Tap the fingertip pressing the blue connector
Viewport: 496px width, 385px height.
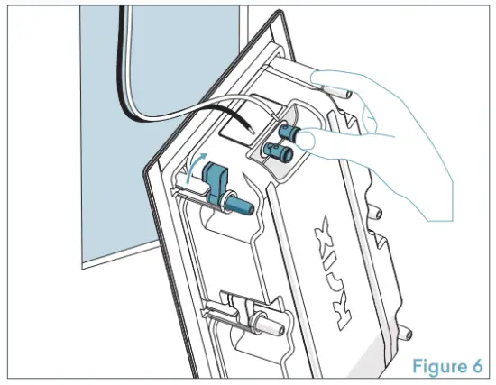pos(312,140)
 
